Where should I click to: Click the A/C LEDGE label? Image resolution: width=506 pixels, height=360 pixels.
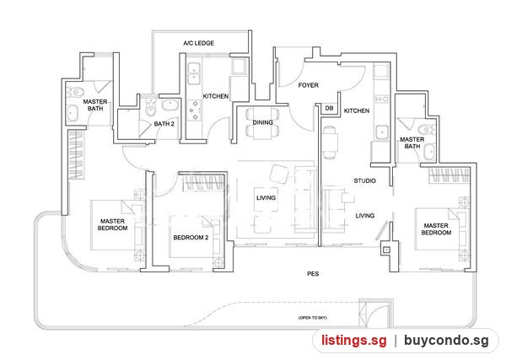click(x=198, y=43)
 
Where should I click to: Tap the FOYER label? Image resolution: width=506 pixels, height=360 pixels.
click(x=308, y=85)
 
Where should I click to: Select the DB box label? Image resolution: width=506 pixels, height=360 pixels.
click(x=329, y=108)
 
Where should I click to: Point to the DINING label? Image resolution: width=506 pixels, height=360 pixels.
click(x=262, y=122)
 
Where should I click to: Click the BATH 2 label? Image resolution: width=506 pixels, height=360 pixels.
click(x=164, y=124)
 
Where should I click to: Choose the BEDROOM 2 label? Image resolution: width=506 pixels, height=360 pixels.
click(x=191, y=238)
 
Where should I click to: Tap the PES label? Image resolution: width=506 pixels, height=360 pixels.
click(x=313, y=273)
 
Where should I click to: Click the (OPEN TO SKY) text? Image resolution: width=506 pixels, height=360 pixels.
click(x=312, y=318)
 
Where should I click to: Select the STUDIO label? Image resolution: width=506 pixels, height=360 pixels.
click(x=364, y=180)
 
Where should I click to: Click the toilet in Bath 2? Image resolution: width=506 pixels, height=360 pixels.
click(x=150, y=107)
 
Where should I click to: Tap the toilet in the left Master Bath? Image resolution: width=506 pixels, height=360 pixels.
click(x=74, y=93)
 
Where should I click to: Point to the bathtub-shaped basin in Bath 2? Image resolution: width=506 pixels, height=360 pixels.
click(x=170, y=105)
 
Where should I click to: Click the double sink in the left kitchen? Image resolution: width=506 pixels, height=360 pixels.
click(x=194, y=74)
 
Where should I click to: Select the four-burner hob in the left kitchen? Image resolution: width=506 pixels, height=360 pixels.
click(x=195, y=110)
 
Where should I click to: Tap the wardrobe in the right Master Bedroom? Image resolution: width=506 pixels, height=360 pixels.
click(x=449, y=175)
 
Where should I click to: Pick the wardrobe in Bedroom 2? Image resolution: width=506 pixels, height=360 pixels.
click(x=202, y=183)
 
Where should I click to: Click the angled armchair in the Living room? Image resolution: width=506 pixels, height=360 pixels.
click(x=279, y=175)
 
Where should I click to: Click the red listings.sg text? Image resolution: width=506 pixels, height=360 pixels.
click(x=353, y=341)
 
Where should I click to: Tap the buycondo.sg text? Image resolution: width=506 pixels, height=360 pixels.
click(x=446, y=341)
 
